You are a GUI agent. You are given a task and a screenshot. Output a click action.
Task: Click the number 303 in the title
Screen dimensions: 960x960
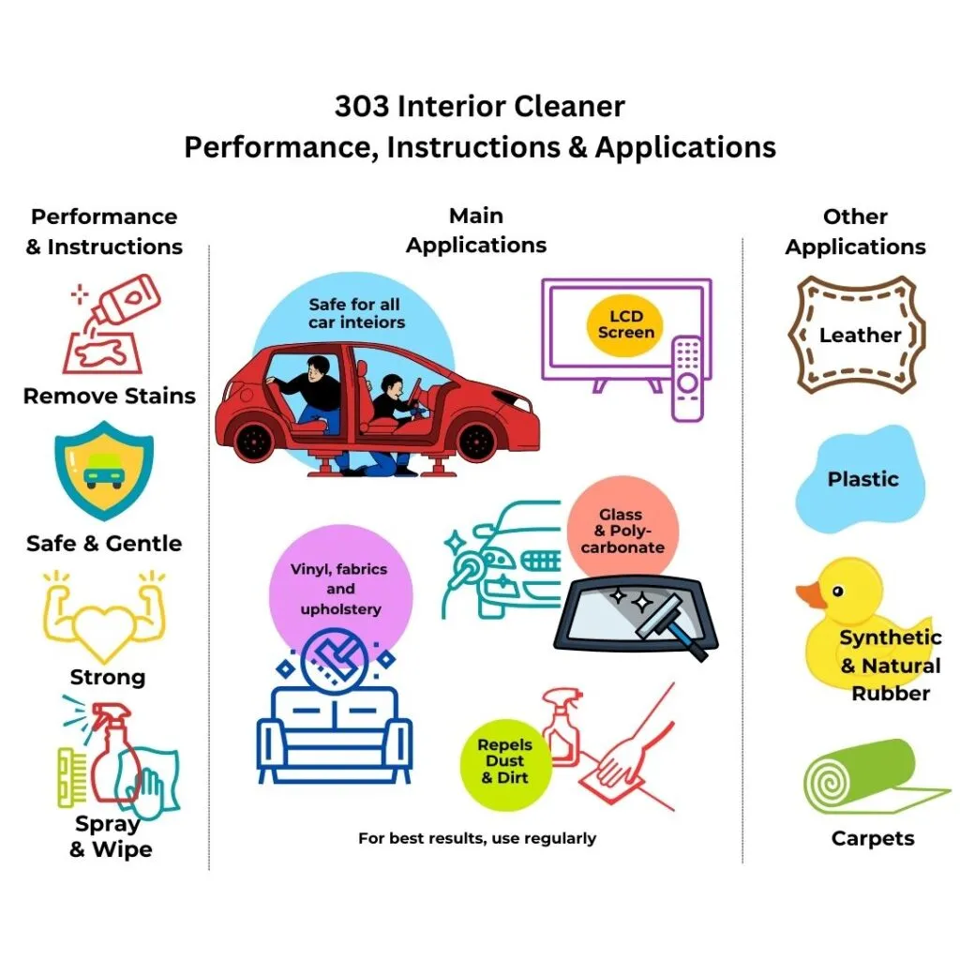pos(362,107)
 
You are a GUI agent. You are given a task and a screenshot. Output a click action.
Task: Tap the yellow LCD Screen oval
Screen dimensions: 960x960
pos(626,322)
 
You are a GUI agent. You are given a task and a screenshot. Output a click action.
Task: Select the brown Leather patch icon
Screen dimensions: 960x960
pos(860,335)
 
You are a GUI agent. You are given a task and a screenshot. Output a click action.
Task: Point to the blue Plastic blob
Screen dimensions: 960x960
pos(861,478)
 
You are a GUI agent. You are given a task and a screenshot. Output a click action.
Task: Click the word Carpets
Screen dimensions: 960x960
pos(872,838)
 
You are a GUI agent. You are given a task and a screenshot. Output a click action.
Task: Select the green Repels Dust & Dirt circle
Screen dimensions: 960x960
pos(504,761)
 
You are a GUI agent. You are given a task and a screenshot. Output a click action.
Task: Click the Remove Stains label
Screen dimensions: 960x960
pos(110,396)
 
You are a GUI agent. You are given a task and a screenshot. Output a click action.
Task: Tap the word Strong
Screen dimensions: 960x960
pos(108,677)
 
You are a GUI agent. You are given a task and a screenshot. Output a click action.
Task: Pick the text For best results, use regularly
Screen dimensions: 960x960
pos(477,838)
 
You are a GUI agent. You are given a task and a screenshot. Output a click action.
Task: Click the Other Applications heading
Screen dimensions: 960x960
pos(855,232)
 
